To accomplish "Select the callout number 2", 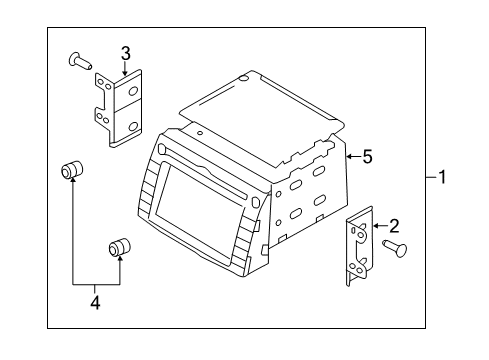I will tap(394, 225).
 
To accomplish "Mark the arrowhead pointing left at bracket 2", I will tap(376, 226).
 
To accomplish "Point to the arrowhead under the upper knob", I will tap(72, 187).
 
